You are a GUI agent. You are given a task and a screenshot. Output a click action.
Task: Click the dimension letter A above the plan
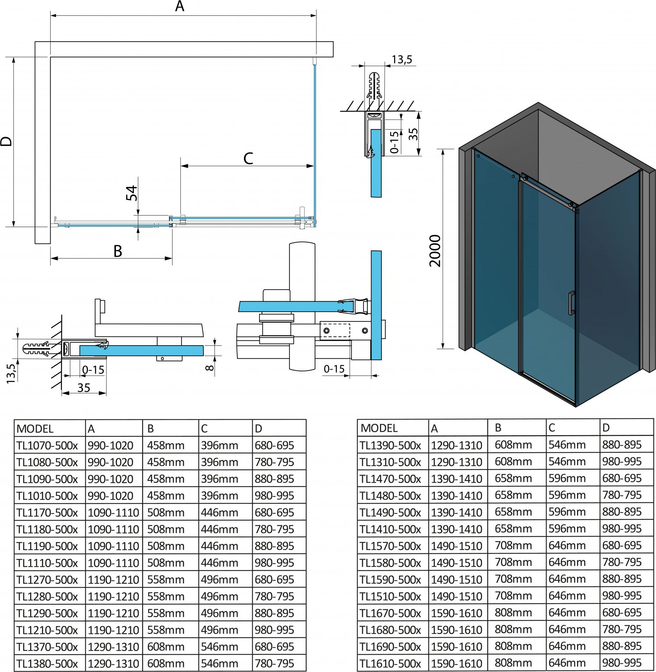tap(179, 6)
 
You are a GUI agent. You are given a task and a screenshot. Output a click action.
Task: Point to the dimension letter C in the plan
tap(248, 158)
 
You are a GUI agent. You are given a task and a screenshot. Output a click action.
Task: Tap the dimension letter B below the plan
tap(118, 251)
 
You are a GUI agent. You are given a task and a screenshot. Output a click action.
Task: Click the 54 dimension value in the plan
tap(132, 193)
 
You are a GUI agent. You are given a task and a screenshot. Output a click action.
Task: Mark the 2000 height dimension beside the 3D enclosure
tap(435, 250)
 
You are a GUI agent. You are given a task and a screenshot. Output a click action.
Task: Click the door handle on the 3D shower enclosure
tap(571, 303)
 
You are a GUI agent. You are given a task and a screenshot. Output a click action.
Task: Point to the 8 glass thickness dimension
tap(210, 367)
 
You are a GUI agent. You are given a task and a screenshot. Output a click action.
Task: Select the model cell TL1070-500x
tap(47, 445)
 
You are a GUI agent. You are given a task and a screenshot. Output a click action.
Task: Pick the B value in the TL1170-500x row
tap(165, 512)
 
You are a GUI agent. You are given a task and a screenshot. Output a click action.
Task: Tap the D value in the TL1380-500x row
tap(274, 663)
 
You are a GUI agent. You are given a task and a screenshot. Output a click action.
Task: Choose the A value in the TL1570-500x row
tap(456, 546)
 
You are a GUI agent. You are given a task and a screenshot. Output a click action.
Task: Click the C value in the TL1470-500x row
tap(567, 478)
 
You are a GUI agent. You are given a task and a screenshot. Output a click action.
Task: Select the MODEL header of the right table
tap(379, 428)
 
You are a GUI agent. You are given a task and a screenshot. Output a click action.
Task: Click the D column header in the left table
tap(258, 428)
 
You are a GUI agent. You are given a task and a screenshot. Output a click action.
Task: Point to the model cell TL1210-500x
tap(47, 630)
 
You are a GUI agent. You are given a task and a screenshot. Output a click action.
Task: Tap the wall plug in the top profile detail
tap(374, 86)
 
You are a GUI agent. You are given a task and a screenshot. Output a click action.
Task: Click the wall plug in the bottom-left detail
tap(36, 348)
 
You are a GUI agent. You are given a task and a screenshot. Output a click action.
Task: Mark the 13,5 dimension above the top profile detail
tap(402, 60)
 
